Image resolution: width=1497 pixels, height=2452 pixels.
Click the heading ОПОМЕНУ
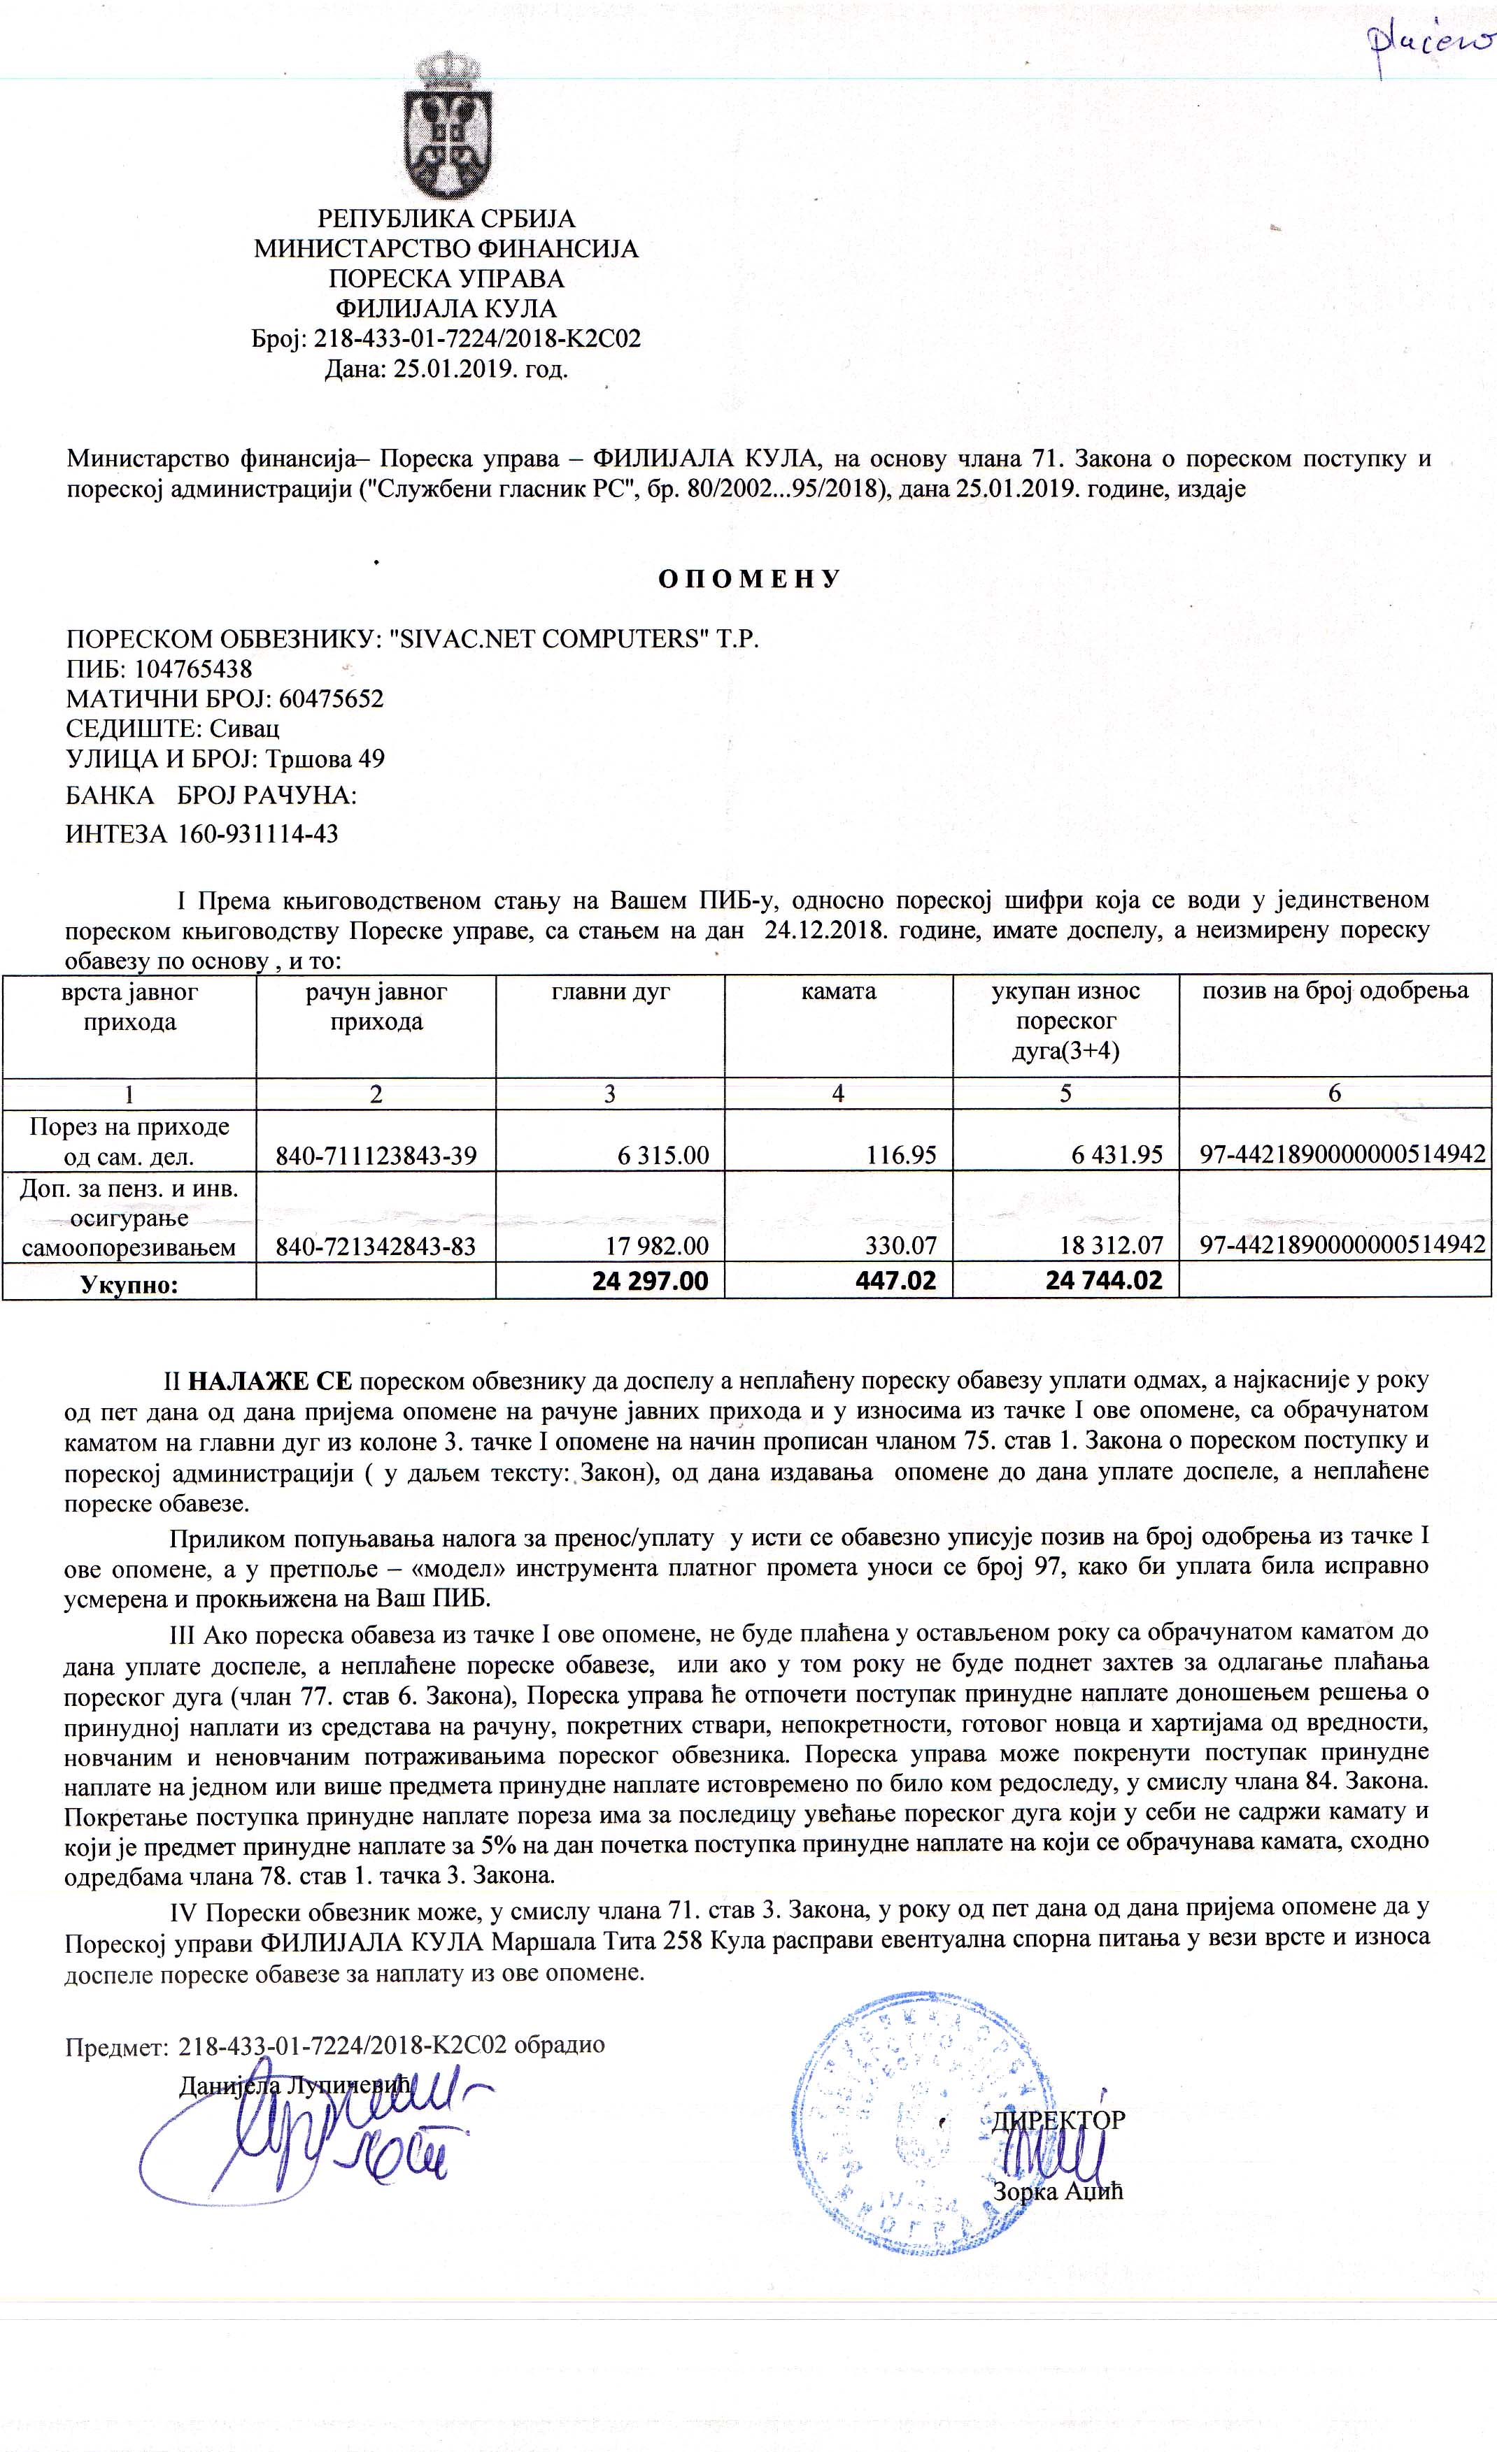(749, 579)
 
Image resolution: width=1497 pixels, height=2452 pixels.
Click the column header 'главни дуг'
(610, 992)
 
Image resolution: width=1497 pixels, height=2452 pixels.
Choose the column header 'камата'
(838, 992)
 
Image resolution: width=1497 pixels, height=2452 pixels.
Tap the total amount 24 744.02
(1104, 1281)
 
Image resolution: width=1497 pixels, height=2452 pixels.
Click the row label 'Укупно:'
(129, 1284)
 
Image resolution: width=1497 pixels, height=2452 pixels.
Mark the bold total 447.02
(896, 1281)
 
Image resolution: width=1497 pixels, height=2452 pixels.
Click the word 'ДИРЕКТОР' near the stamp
(1058, 2120)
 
